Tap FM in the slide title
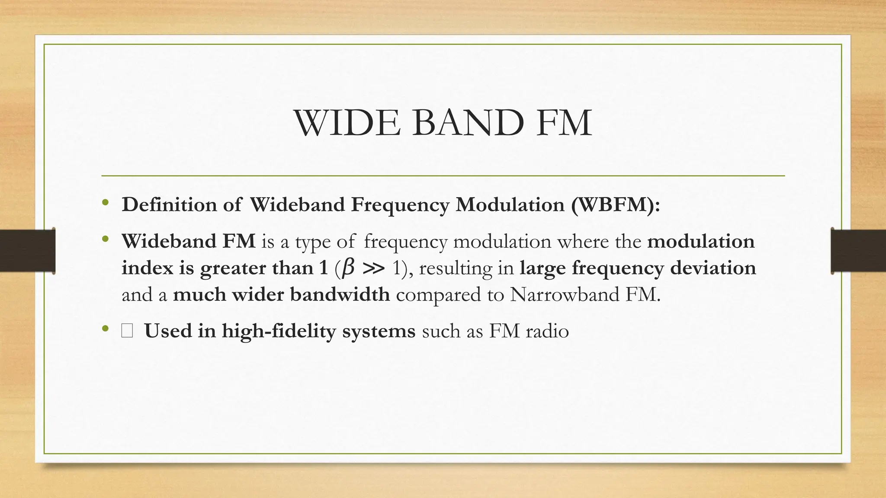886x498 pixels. pos(563,124)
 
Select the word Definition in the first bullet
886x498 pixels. pos(169,204)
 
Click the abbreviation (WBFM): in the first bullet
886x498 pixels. pos(615,204)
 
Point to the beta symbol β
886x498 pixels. pos(347,268)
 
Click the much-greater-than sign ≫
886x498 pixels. pos(373,268)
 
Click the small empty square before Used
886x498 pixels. pos(127,332)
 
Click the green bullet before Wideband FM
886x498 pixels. pos(106,239)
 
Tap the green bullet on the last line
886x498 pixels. pos(106,329)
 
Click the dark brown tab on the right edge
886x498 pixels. pos(858,251)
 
